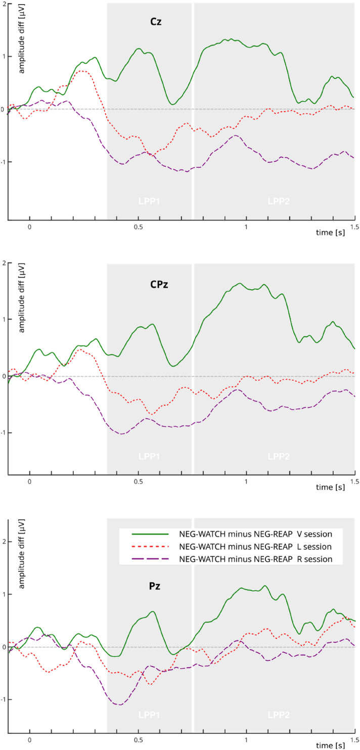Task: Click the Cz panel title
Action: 149,22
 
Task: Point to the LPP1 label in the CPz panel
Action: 149,456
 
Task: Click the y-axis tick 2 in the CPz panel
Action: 3,263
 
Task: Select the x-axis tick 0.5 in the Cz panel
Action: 138,228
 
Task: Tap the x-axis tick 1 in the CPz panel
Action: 246,482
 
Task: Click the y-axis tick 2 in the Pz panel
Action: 3,542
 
